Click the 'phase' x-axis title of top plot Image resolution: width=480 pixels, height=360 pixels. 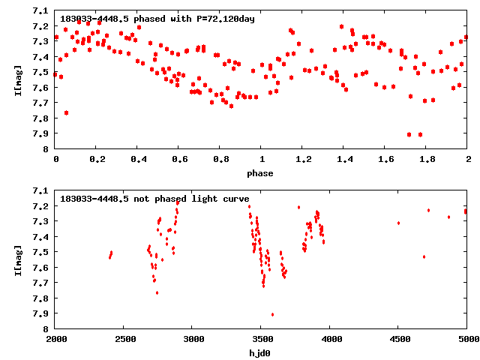coord(261,173)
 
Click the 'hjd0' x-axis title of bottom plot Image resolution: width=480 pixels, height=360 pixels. coord(261,353)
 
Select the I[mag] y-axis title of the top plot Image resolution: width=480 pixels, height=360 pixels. coord(18,79)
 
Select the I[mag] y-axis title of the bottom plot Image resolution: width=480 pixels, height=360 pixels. coord(18,259)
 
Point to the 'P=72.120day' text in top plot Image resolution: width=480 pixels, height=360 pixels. coord(222,19)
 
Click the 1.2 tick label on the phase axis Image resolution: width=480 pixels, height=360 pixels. coord(303,160)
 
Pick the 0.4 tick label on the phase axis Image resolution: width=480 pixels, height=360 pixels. coord(138,160)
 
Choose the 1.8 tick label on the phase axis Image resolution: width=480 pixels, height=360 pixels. coord(427,160)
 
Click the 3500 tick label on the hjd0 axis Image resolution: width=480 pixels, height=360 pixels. coord(261,340)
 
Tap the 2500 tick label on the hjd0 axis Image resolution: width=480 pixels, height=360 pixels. coord(124,340)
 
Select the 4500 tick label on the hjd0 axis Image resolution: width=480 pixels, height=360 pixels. coord(398,340)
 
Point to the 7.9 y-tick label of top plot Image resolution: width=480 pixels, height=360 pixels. coord(43,133)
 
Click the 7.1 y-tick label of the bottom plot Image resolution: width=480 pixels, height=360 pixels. coord(43,190)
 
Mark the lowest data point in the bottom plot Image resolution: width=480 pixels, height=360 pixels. coord(272,314)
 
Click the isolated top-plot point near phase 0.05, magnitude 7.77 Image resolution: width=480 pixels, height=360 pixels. coord(66,112)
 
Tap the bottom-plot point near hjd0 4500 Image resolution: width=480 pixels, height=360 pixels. coord(398,223)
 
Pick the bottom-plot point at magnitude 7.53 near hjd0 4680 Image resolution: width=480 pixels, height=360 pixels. coord(424,256)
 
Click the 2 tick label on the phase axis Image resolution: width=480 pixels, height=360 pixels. coord(467,160)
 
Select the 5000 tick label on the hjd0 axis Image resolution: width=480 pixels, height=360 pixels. coord(466,340)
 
